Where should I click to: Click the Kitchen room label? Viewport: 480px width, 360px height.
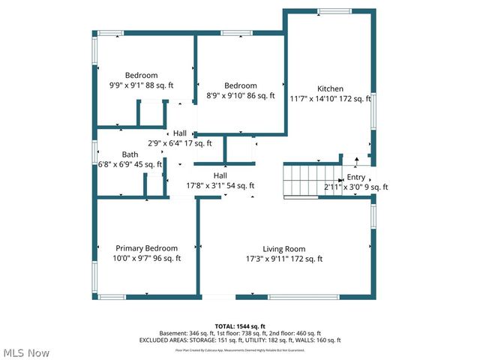coord(330,88)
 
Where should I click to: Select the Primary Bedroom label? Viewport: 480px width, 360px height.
coord(146,248)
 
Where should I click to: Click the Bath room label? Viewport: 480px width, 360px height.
coord(130,154)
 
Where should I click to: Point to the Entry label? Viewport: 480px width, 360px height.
coord(355,178)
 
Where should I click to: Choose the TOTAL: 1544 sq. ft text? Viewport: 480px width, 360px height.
coord(240,326)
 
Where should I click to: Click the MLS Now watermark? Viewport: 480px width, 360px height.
coord(26,352)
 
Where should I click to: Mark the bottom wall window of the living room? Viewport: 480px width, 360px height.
coord(303,297)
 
